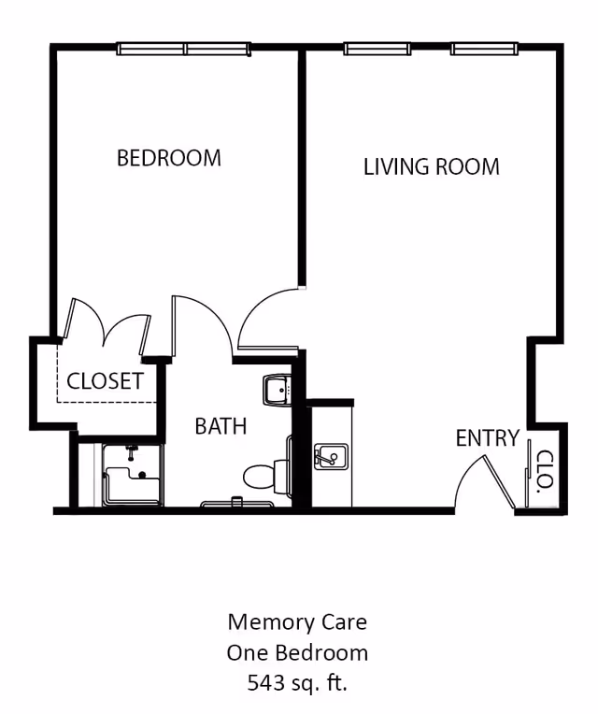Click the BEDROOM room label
[x=169, y=158]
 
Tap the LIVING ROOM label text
[x=431, y=167]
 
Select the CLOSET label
[x=105, y=381]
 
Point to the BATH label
[x=221, y=426]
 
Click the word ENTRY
[x=487, y=438]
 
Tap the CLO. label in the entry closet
[x=541, y=471]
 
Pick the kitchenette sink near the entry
[x=330, y=457]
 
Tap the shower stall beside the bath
[x=132, y=476]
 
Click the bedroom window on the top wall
[x=183, y=49]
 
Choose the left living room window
[x=377, y=49]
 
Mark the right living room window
[x=483, y=49]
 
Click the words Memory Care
[x=297, y=621]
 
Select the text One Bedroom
[x=297, y=652]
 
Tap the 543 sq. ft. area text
[x=297, y=683]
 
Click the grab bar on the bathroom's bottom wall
[x=237, y=504]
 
